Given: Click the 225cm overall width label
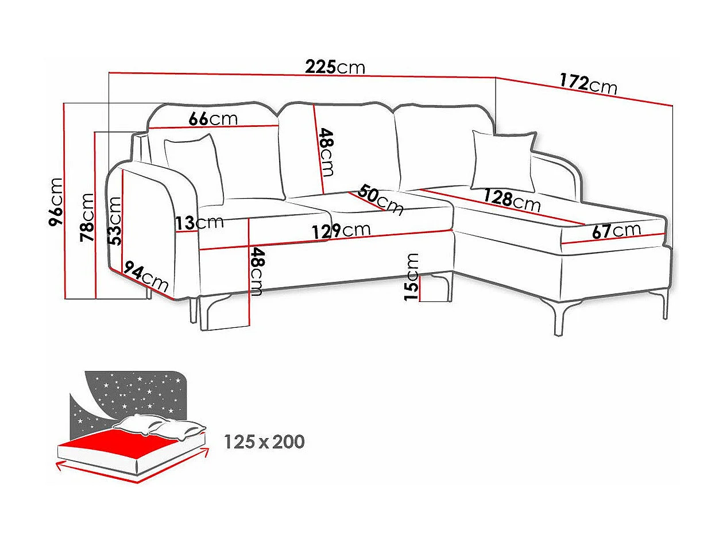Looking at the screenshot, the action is [335, 67].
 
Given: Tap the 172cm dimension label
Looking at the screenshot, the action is [589, 84].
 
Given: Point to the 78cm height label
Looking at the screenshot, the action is [87, 217].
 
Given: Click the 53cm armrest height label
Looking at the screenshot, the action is [115, 221].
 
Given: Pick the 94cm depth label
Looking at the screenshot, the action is [146, 278].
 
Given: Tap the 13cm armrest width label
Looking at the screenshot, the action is [199, 222].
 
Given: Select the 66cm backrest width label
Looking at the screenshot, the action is [213, 119].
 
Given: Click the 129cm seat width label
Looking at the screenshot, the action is [341, 230].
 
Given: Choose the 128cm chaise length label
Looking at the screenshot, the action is [512, 200].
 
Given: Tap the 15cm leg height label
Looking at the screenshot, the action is [412, 277].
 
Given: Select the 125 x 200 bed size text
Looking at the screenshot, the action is [264, 442].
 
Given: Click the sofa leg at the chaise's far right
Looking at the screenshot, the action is [665, 305].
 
